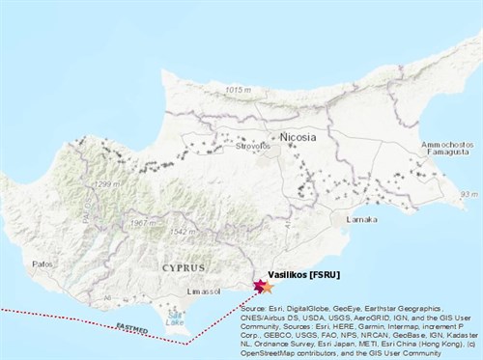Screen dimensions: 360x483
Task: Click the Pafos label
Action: (42, 262)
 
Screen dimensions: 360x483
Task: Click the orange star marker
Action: (268, 288)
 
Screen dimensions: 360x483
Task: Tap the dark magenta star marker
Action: (259, 284)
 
